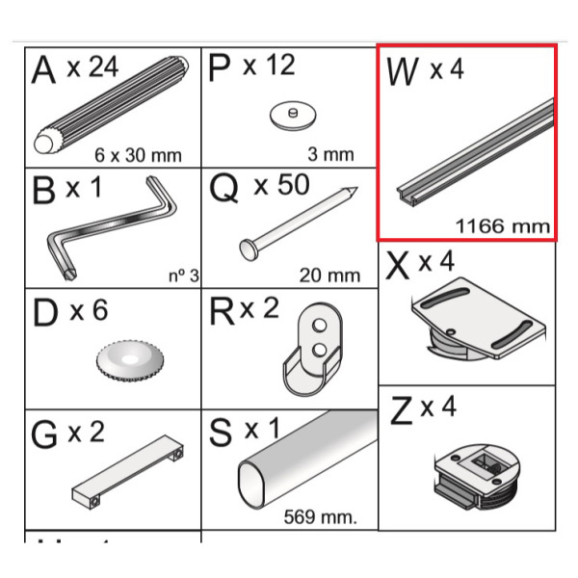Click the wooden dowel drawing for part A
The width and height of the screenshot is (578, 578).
point(112,105)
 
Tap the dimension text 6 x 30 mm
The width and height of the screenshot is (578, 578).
point(138,155)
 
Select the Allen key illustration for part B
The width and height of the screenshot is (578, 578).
point(112,228)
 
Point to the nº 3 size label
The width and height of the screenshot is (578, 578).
point(184,276)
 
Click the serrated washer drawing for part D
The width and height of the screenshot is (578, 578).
point(130,360)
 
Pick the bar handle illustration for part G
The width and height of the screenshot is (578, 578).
point(127,472)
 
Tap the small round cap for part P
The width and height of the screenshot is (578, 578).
point(293,116)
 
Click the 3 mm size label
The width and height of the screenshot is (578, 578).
point(330,154)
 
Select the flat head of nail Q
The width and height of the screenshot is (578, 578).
point(249,250)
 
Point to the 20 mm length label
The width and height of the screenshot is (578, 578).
point(329,276)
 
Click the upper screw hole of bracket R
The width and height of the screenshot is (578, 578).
point(319,326)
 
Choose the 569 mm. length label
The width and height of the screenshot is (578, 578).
point(321,516)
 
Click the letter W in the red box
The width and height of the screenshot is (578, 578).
point(402,71)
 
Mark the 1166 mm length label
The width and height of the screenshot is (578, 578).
point(503,226)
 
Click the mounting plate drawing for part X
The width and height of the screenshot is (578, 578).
point(479,319)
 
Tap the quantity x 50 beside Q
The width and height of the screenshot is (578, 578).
point(281,185)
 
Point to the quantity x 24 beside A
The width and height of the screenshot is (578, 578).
point(92,66)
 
